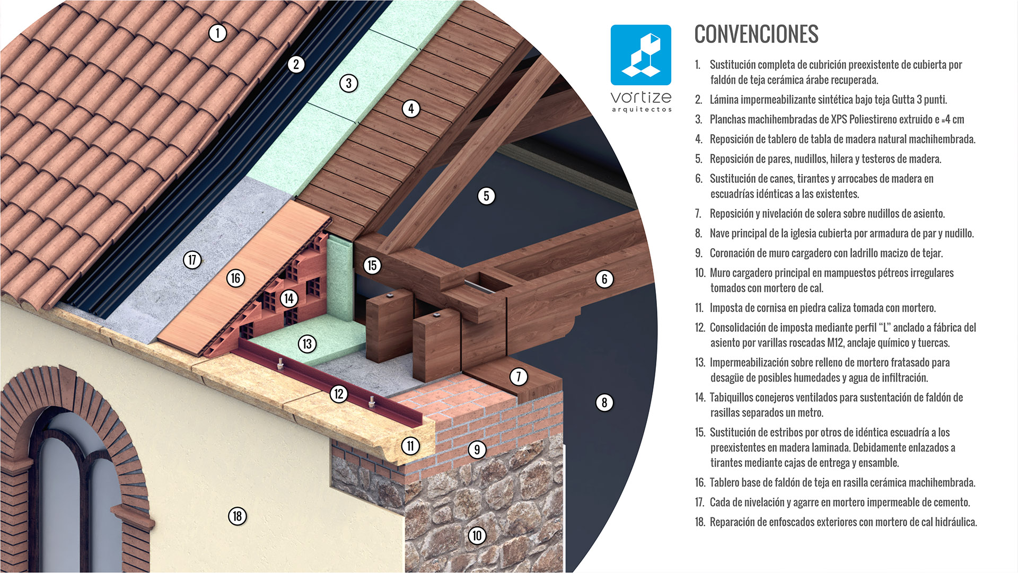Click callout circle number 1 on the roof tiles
(217, 33)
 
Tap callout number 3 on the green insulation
(349, 83)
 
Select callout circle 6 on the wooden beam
(604, 279)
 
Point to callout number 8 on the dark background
(604, 403)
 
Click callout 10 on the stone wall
(477, 536)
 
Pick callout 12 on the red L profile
(339, 394)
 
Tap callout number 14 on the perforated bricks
(289, 298)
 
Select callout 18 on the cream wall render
(238, 516)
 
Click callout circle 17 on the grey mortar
(192, 260)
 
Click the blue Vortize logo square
(640, 55)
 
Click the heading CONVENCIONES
(756, 34)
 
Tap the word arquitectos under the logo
(642, 110)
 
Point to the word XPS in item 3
(839, 119)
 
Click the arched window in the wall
(80, 488)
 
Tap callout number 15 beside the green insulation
(372, 265)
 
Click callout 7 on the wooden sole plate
(519, 377)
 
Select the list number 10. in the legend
(700, 273)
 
